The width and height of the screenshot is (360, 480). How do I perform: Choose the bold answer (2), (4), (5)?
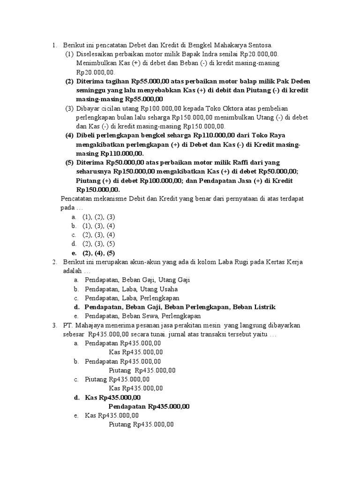pos(98,253)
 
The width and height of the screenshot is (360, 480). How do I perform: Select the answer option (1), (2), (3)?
pos(98,217)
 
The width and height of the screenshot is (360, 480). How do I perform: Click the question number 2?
pos(54,262)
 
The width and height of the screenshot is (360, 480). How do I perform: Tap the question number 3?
pos(54,325)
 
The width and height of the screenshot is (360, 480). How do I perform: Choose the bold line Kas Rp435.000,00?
pos(112,397)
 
